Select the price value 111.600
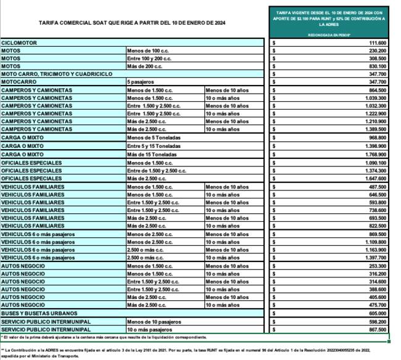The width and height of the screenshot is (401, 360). tap(377, 43)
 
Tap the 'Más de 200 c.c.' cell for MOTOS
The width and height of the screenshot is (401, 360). tap(146, 66)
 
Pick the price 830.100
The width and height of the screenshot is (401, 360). tap(377, 66)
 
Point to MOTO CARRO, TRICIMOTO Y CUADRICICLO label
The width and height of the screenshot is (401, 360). tap(57, 74)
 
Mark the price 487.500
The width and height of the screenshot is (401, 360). tap(377, 186)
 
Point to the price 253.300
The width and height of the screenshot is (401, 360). tap(377, 265)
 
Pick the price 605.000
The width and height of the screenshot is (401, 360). tap(377, 313)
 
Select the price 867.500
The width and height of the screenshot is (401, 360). tap(377, 329)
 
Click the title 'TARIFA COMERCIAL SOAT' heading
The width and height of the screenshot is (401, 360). tap(132, 23)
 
